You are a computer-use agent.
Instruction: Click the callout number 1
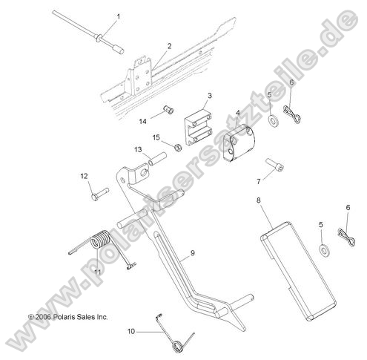coord(119,16)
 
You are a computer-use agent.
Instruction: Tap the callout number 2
coord(169,46)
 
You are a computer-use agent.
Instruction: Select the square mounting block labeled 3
coord(199,128)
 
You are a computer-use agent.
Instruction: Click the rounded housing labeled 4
coord(239,143)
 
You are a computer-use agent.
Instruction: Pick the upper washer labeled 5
coord(273,121)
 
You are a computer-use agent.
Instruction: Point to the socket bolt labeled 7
coord(274,165)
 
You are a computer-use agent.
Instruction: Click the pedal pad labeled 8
coord(299,272)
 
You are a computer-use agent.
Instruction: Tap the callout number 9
coord(193,253)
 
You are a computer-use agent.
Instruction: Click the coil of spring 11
coord(100,239)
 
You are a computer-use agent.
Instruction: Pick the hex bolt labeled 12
coord(100,194)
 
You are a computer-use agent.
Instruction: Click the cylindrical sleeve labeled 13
coord(157,159)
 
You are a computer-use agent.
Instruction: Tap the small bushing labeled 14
coord(168,110)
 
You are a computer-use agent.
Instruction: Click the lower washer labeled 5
coord(324,250)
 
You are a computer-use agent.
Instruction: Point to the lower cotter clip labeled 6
coord(346,236)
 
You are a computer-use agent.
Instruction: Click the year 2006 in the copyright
coord(43,317)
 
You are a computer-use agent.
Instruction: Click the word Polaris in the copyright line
coord(63,317)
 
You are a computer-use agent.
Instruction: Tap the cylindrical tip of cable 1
coord(118,49)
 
